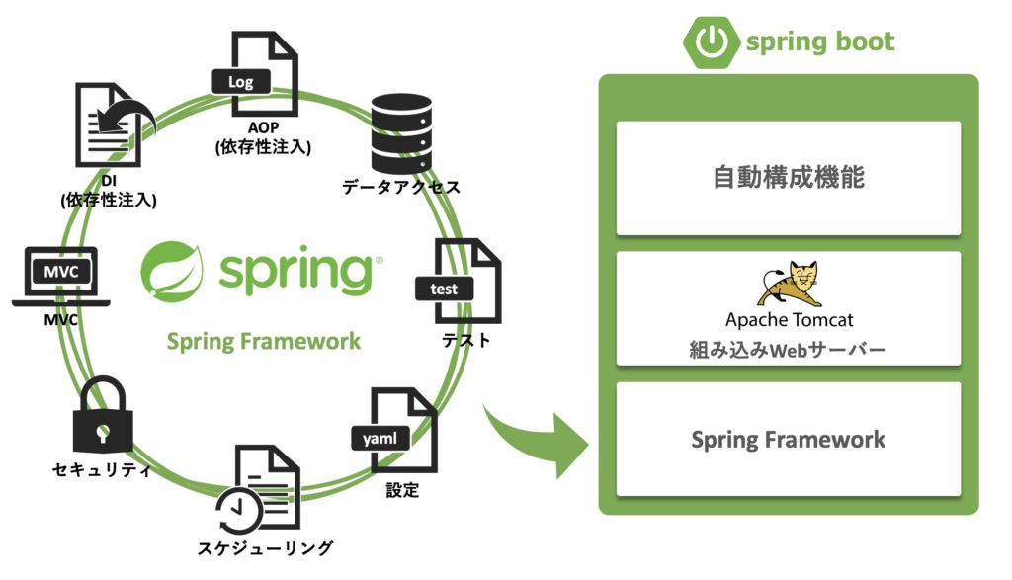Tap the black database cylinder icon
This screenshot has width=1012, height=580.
click(x=401, y=133)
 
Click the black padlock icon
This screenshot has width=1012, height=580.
click(x=102, y=416)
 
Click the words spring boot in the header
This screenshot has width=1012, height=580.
click(x=819, y=42)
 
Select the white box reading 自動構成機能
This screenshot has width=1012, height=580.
click(x=788, y=178)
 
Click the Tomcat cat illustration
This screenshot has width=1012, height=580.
click(x=788, y=284)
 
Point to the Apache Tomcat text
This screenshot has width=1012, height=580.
click(x=789, y=319)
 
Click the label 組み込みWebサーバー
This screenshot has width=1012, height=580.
click(x=788, y=349)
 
